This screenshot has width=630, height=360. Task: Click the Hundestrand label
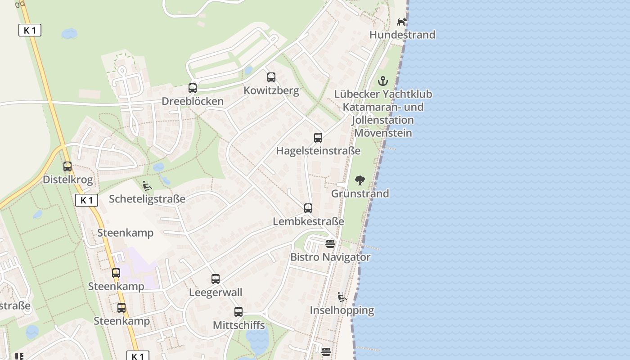(x=402, y=35)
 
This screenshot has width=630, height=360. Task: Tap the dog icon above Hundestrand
(x=402, y=22)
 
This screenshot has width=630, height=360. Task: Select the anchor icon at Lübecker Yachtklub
(x=382, y=81)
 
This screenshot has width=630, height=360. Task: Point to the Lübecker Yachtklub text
(x=383, y=94)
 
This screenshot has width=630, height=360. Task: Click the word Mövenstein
(x=383, y=133)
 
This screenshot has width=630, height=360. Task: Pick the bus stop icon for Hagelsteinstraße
(x=318, y=138)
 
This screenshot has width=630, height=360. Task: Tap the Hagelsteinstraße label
(x=318, y=151)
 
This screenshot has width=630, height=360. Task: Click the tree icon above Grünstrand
(x=360, y=181)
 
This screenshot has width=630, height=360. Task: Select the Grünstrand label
(x=360, y=193)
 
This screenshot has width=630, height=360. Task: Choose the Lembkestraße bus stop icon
(x=308, y=208)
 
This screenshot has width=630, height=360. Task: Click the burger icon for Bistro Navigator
(x=330, y=244)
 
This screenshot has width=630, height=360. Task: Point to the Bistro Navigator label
(x=330, y=257)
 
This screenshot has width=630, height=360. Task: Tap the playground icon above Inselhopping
(x=342, y=297)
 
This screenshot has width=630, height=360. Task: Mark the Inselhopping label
(x=342, y=310)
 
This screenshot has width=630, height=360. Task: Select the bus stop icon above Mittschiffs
(x=238, y=312)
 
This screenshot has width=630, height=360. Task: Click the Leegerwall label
(x=216, y=292)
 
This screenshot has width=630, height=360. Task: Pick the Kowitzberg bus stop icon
(x=271, y=77)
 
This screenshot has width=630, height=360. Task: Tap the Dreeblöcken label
(x=193, y=101)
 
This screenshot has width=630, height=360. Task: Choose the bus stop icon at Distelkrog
(x=67, y=166)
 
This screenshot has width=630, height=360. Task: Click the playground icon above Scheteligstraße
(x=147, y=185)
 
